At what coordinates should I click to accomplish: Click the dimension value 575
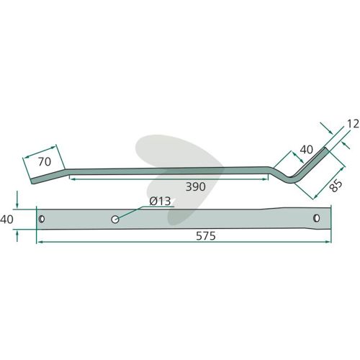[206, 236]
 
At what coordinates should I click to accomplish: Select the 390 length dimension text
[196, 186]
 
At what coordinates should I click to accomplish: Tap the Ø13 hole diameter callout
[160, 201]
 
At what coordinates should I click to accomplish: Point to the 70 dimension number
[45, 162]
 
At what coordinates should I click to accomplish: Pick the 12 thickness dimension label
[353, 124]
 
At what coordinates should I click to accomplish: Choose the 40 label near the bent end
[307, 150]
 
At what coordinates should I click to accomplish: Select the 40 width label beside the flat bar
[6, 220]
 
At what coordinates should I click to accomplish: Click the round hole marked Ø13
[115, 219]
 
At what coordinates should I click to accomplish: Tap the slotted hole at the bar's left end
[42, 219]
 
